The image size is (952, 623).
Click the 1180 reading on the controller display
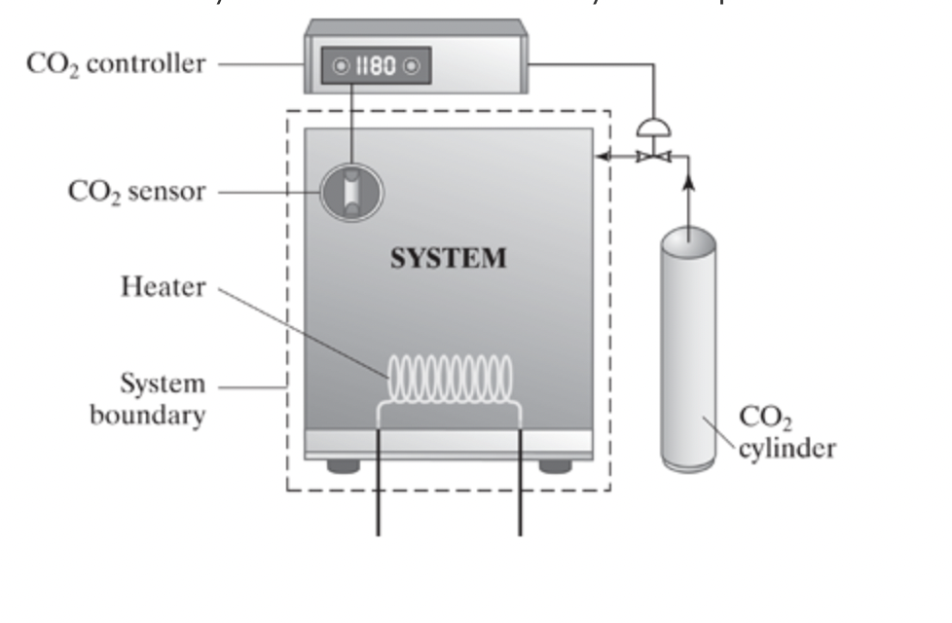pyautogui.click(x=376, y=66)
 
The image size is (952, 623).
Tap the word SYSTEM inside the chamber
pyautogui.click(x=448, y=258)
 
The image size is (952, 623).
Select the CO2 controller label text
pyautogui.click(x=117, y=64)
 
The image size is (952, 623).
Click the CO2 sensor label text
pyautogui.click(x=136, y=191)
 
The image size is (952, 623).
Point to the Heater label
pyautogui.click(x=164, y=287)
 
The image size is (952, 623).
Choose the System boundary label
pyautogui.click(x=148, y=399)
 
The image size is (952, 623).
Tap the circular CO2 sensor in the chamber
pyautogui.click(x=351, y=192)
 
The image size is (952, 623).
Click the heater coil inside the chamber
pyautogui.click(x=450, y=378)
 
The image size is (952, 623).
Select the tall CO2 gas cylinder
pyautogui.click(x=688, y=350)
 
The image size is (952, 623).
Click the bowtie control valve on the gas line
pyautogui.click(x=653, y=156)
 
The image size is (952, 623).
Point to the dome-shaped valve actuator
pyautogui.click(x=653, y=128)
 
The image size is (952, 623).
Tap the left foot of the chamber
pyautogui.click(x=343, y=466)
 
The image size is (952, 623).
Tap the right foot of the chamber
pyautogui.click(x=555, y=466)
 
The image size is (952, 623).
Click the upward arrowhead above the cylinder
pyautogui.click(x=688, y=181)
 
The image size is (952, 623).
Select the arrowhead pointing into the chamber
pyautogui.click(x=604, y=156)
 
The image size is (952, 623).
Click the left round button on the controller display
pyautogui.click(x=341, y=66)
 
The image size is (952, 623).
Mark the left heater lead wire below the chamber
pyautogui.click(x=378, y=506)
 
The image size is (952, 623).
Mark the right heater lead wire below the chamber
pyautogui.click(x=520, y=506)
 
